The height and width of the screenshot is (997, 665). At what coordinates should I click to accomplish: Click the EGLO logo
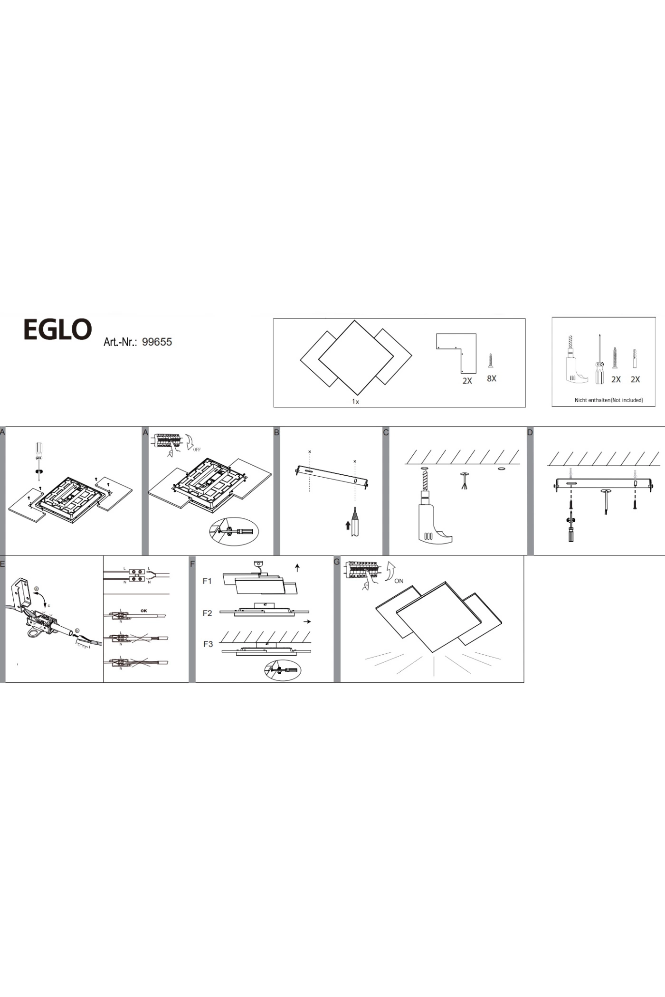click(x=57, y=329)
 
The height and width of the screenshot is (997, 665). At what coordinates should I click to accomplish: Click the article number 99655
click(x=157, y=342)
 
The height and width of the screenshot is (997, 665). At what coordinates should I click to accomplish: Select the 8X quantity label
click(x=492, y=378)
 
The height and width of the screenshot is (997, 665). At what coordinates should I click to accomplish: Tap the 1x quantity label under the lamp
click(x=355, y=402)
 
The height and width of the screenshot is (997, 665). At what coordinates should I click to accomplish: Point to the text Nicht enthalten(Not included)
click(x=608, y=400)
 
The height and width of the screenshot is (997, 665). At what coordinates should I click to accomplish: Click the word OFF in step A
click(x=197, y=449)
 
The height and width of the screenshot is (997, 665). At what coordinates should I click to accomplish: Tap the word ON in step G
click(x=399, y=581)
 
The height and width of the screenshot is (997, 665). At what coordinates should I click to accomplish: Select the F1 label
click(x=207, y=581)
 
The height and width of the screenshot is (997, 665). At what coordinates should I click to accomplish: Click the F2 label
click(x=207, y=613)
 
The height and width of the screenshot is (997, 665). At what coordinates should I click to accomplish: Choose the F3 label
click(x=208, y=644)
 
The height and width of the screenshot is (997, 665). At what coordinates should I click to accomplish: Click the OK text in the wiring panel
click(x=143, y=611)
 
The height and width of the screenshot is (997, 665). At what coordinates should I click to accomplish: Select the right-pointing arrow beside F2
click(x=307, y=621)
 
